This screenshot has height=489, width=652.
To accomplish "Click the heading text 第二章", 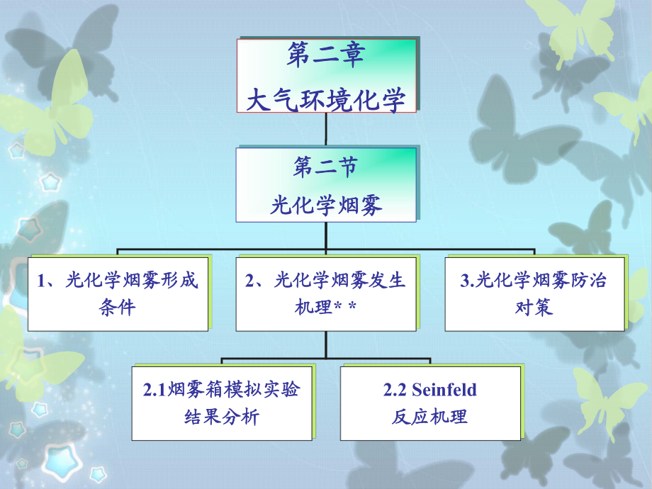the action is click(325, 55).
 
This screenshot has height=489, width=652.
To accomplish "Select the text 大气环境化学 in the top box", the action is click(325, 100).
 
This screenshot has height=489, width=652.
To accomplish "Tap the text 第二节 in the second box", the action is click(325, 167).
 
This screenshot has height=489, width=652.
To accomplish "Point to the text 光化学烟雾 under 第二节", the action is click(325, 205).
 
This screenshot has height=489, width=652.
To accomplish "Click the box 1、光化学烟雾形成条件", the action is click(118, 294).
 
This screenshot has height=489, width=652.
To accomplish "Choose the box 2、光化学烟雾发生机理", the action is click(326, 294).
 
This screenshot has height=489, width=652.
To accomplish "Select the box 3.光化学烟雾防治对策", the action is click(534, 294).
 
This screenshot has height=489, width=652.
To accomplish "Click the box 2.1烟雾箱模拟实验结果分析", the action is click(222, 403).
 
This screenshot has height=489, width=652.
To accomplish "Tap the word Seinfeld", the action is click(444, 390).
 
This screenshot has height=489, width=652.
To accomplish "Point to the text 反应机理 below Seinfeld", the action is click(429, 417).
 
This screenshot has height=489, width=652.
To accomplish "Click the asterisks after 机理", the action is click(346, 306).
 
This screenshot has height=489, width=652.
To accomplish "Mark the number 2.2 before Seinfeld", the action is click(395, 390).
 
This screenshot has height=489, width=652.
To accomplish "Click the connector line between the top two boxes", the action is click(325, 129).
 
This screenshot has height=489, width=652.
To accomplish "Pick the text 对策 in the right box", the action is click(534, 308).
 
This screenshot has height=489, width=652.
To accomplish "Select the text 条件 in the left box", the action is click(117, 308).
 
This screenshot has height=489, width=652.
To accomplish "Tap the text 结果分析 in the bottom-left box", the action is click(222, 417).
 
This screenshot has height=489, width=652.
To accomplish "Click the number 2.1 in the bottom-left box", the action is click(154, 390).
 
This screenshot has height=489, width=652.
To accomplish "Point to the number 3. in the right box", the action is click(467, 280).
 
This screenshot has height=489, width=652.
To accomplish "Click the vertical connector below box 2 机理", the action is click(326, 344).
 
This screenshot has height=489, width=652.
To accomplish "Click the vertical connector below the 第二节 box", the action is click(325, 236).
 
